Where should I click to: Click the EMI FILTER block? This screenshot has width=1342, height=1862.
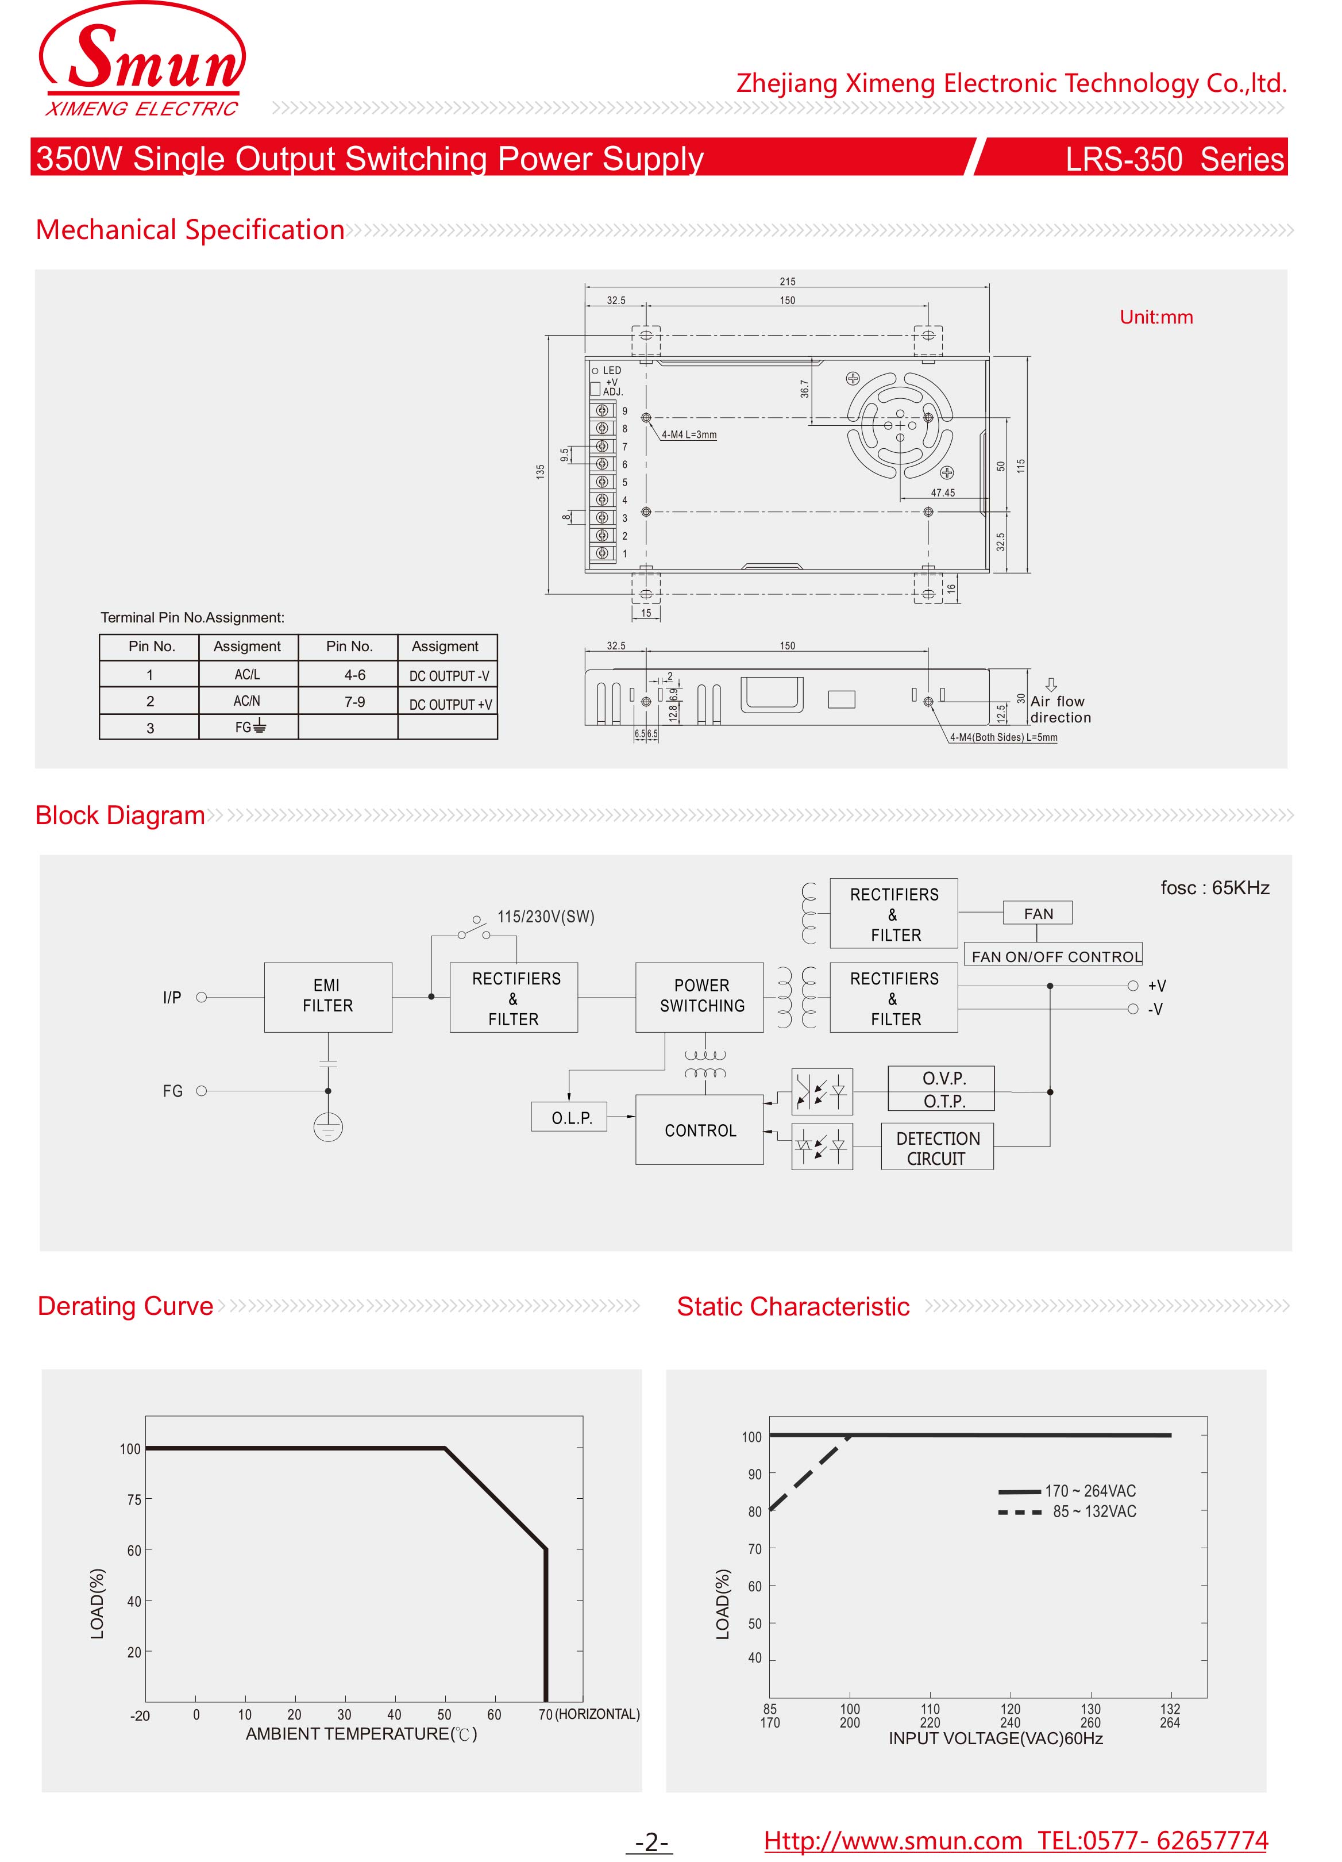327,996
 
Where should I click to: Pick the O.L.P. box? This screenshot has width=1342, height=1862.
570,1117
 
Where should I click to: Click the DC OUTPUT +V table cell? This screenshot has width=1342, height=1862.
449,703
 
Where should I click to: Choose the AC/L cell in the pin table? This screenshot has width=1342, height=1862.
247,674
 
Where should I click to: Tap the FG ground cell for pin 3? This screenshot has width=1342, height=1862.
249,726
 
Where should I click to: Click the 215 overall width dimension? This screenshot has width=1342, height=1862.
786,282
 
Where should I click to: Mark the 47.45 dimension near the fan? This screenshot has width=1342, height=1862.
942,493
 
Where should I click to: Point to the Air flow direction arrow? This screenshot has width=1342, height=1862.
1051,684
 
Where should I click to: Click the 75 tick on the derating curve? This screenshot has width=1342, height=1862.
134,1500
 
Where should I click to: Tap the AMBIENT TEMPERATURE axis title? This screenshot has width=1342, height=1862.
361,1734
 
